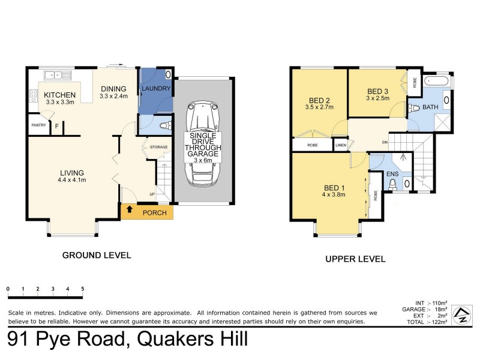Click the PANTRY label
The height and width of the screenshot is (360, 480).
click(38, 125)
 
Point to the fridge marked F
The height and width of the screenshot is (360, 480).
click(57, 126)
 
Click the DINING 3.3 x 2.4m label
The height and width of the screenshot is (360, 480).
click(113, 91)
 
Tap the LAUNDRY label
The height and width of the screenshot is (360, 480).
click(156, 89)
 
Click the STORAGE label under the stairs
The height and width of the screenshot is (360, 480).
click(158, 146)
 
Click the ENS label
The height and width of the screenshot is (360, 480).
click(392, 174)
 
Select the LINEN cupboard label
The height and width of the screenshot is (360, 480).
click(341, 145)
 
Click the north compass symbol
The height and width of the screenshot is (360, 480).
click(461, 313)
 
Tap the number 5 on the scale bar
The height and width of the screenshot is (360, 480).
click(82, 289)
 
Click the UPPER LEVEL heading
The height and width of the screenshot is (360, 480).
click(355, 259)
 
